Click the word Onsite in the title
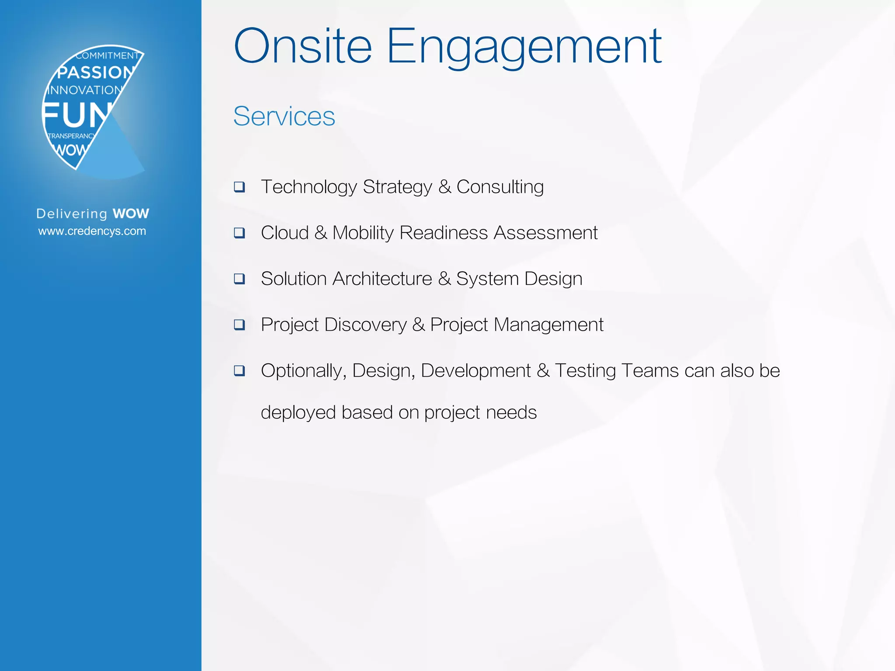tap(302, 46)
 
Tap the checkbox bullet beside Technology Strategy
tap(239, 187)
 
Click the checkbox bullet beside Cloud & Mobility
tap(239, 233)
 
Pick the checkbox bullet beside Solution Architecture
tap(239, 279)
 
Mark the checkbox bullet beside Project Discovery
tap(239, 325)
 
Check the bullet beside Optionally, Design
tap(239, 371)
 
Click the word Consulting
tap(500, 187)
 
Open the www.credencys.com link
tap(92, 231)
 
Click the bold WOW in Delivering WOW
tap(131, 214)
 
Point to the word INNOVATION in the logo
tap(85, 90)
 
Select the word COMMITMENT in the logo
tap(107, 55)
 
